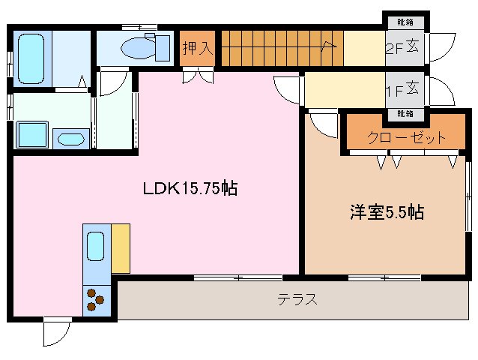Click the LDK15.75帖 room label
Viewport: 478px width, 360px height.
[190, 188]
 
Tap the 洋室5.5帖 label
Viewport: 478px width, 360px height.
[387, 212]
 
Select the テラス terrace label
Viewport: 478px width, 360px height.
[297, 300]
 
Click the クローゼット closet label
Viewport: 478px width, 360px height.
[406, 137]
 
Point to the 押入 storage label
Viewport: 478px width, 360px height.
[199, 49]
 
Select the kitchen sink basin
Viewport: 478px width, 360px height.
[96, 246]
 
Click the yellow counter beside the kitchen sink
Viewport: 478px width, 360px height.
[120, 247]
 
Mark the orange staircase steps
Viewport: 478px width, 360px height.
[280, 49]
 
